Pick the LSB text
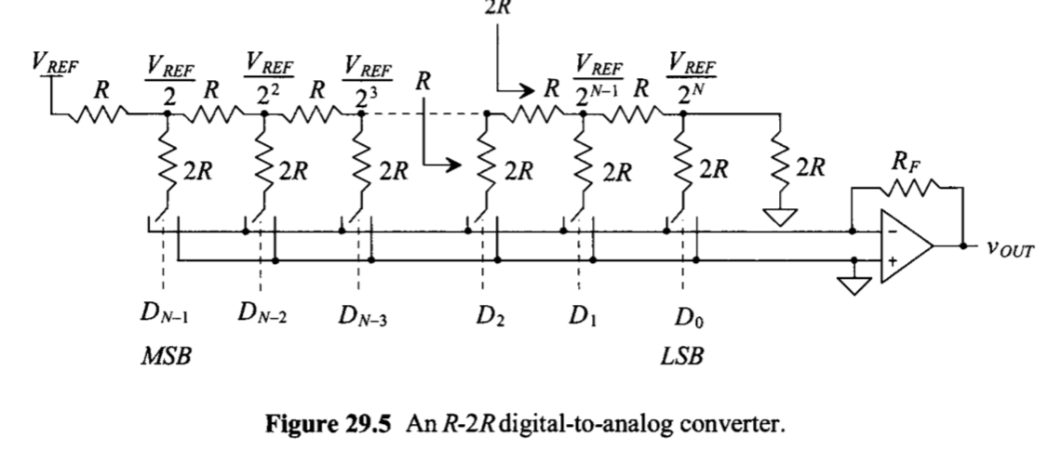(683, 359)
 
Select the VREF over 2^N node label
(691, 79)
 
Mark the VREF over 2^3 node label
(364, 79)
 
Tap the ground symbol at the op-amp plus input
(853, 284)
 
